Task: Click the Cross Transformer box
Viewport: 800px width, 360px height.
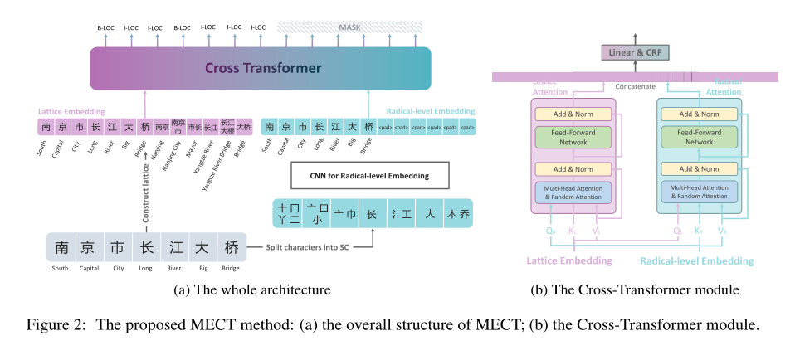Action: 260,69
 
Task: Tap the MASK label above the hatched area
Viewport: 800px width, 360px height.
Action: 351,27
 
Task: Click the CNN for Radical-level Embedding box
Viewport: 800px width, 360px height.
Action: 370,175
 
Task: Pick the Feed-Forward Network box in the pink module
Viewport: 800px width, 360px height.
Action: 573,137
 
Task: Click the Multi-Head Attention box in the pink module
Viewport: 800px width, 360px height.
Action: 573,192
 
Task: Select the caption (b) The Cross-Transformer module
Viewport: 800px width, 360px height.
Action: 635,290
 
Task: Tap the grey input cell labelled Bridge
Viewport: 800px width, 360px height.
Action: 232,247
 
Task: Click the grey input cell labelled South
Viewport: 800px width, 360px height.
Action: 61,247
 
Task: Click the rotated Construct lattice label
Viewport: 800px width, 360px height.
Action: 146,190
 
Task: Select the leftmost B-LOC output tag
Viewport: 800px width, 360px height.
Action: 105,27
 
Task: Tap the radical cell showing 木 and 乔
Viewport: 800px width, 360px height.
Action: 457,213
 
